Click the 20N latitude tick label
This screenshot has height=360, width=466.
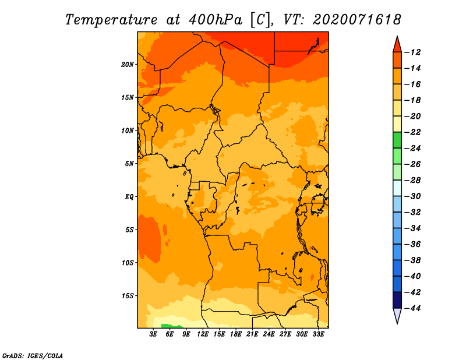coord(128,64)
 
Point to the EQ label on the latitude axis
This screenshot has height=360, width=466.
coord(129,197)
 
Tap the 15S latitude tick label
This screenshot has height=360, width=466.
coord(128,296)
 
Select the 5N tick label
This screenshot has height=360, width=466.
coord(129,164)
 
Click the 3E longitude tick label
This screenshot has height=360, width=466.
coord(153,334)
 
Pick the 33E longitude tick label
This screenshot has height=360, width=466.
coord(318,334)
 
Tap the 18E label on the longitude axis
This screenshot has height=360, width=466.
coord(236,334)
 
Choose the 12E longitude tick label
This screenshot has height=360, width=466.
coord(203,334)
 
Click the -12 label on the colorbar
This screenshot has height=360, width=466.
coord(412,52)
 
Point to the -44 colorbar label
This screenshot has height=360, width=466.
coord(412,308)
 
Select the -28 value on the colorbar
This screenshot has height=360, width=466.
coord(412,181)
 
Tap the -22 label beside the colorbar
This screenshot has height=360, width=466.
coord(412,132)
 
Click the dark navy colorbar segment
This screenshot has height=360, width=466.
coord(397,300)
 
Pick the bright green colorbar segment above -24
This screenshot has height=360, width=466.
coord(397,140)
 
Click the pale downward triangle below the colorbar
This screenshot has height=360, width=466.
coord(397,315)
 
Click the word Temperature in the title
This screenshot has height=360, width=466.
coord(111,20)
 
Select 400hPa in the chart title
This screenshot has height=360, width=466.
coord(216,20)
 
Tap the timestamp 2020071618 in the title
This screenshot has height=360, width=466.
coord(356,20)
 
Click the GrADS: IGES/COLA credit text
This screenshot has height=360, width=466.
coord(33,355)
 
